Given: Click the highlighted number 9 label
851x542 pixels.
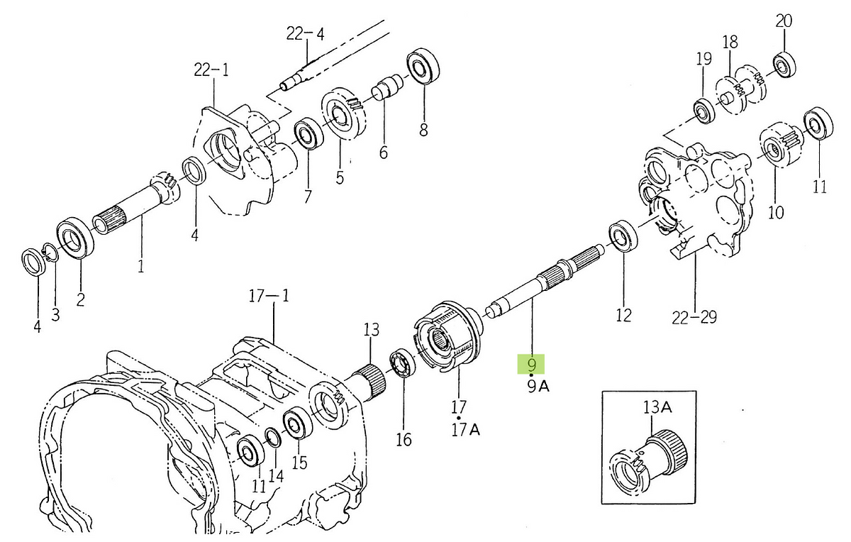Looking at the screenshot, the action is point(531,365).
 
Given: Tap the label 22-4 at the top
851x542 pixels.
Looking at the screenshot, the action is point(306,34).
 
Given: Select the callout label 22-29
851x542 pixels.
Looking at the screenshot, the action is point(694,317).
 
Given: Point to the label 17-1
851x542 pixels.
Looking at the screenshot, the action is point(269,296).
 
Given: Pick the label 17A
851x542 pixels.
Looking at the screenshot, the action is point(465,430).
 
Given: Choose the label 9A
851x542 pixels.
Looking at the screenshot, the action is point(538,387).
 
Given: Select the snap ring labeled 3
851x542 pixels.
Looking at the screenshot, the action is point(50,252).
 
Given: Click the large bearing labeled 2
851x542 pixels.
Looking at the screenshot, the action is point(75,238).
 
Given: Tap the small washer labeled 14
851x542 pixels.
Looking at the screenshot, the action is point(274,438).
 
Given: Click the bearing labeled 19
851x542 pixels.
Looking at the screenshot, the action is point(704,111).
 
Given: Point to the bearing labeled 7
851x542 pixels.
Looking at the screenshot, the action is point(308,135).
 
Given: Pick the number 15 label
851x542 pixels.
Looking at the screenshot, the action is point(299,463).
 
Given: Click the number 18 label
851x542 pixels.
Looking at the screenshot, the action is point(730,42).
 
